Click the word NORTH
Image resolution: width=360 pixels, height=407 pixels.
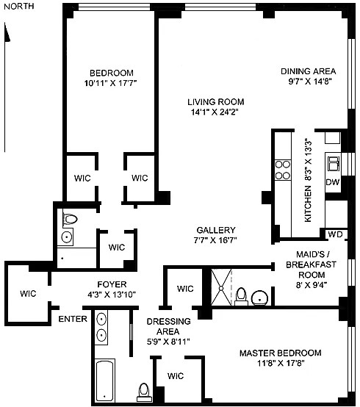click(19, 6)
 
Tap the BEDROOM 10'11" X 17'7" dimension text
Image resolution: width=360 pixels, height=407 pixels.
click(110, 83)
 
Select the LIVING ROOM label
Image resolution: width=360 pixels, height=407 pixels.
click(216, 101)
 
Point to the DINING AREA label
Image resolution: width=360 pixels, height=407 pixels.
click(309, 71)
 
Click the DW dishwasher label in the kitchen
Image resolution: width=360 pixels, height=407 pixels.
click(333, 182)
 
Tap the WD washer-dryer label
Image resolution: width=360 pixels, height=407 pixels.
click(335, 234)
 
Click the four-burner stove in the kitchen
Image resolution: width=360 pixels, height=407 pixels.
click(283, 170)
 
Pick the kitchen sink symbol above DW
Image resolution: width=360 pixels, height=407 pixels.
click(334, 164)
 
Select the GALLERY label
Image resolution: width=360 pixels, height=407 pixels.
click(216, 230)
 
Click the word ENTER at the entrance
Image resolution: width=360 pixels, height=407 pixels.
click(73, 319)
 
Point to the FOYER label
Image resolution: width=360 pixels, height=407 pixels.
click(112, 284)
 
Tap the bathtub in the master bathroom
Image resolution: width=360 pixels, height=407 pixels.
click(105, 381)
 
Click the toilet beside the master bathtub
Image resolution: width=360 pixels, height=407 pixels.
click(144, 392)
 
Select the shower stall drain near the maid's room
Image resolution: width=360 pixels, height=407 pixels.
click(221, 288)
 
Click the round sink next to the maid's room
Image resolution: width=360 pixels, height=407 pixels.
click(260, 298)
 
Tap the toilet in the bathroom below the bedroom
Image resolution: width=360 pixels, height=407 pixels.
click(70, 219)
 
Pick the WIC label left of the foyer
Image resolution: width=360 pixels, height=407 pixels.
click(28, 294)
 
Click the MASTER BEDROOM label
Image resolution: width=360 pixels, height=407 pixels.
click(281, 353)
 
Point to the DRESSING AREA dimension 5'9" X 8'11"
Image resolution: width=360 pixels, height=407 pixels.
click(168, 342)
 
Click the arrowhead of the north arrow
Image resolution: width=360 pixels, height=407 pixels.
click(7, 32)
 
